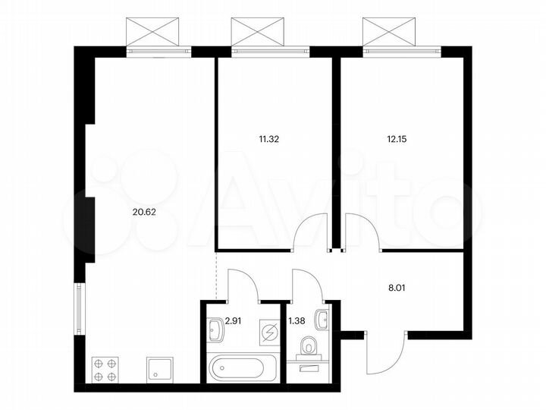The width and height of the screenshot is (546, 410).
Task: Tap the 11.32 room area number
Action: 270,139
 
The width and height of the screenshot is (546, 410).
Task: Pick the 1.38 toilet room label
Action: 297,321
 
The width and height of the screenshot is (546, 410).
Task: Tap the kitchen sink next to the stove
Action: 158,371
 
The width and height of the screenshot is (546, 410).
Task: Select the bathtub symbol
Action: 237,370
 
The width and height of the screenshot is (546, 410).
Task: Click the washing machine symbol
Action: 268,332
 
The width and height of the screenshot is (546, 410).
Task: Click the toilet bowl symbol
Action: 308,348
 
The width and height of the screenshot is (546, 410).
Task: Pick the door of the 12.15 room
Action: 362,232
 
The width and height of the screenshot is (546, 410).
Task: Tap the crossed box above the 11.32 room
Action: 262,32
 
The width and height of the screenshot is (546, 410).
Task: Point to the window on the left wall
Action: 78,307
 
